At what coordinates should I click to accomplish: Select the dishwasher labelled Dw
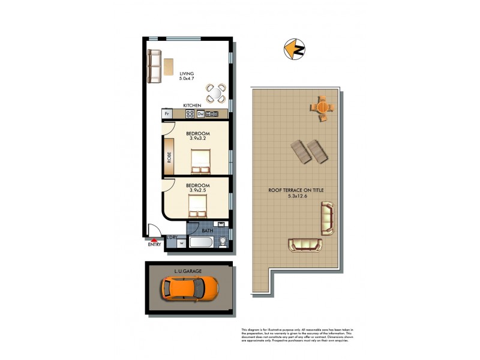[x=201, y=114]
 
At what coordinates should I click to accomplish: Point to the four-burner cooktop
[x=192, y=114]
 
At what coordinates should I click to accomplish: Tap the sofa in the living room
[x=155, y=67]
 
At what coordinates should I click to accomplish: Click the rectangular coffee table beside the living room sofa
[x=170, y=67]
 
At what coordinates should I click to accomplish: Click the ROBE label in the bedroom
[x=170, y=158]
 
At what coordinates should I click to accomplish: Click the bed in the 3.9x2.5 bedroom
[x=198, y=207]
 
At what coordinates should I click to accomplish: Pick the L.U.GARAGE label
[x=188, y=271]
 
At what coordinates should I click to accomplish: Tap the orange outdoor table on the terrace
[x=322, y=108]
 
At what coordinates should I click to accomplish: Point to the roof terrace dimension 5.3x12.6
[x=297, y=195]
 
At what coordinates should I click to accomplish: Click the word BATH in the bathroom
[x=207, y=230]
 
